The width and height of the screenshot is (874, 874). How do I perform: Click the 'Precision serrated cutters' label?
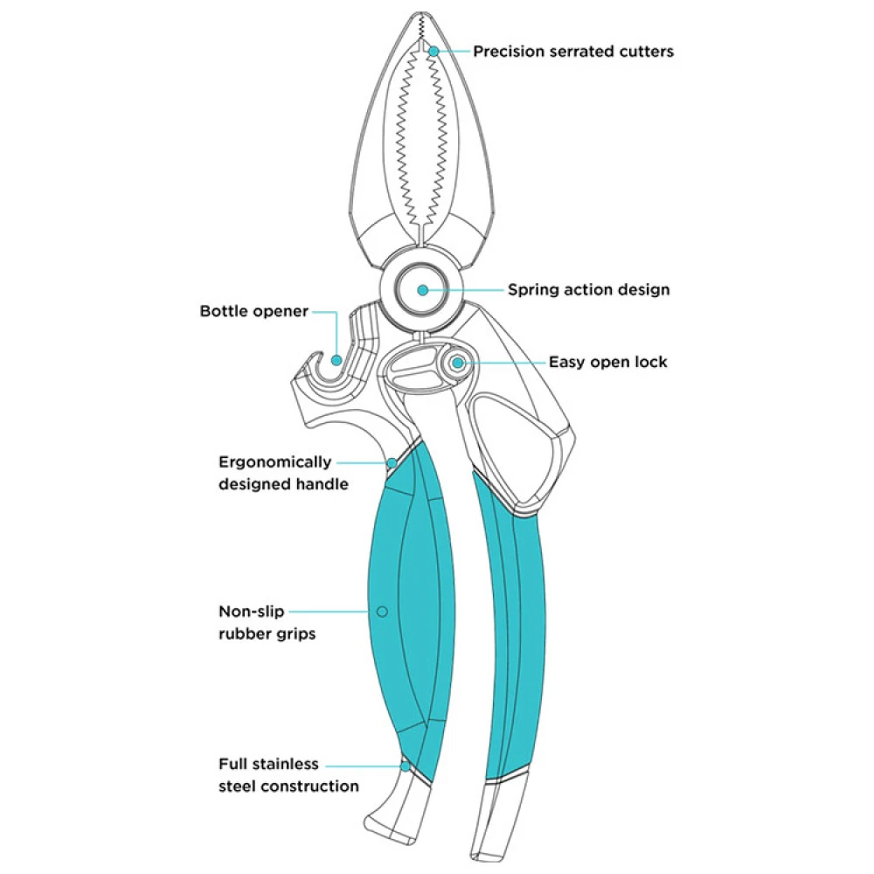click(x=573, y=52)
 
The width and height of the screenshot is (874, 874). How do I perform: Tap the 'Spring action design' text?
click(x=588, y=289)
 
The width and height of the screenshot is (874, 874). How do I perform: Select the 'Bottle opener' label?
click(x=253, y=311)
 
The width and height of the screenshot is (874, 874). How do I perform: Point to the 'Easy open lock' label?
click(x=607, y=362)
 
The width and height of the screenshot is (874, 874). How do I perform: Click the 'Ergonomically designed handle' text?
click(x=274, y=473)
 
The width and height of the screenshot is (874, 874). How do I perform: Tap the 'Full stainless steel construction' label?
click(x=288, y=775)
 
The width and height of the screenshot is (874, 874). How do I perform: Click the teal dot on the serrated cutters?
click(x=433, y=52)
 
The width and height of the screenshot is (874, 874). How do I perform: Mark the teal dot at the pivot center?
click(x=423, y=289)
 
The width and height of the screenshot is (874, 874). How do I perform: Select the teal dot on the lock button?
click(x=457, y=362)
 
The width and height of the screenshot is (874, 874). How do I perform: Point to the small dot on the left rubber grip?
click(x=381, y=611)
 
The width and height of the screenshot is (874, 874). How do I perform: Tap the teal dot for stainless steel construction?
click(x=405, y=766)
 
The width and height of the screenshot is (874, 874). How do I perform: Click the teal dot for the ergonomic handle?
click(x=392, y=462)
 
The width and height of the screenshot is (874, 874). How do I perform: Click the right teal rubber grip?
click(x=516, y=629)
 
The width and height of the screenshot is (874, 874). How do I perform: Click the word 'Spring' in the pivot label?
click(x=535, y=289)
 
